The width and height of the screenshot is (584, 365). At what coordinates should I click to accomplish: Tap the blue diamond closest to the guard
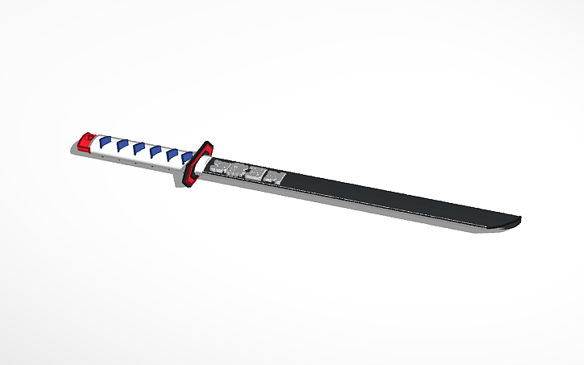(x=186, y=156)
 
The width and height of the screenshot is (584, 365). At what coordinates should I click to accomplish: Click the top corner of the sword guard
(x=207, y=143)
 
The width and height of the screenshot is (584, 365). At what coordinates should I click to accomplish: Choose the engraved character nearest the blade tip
(x=275, y=176)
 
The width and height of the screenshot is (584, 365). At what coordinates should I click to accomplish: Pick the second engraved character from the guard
(x=238, y=169)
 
